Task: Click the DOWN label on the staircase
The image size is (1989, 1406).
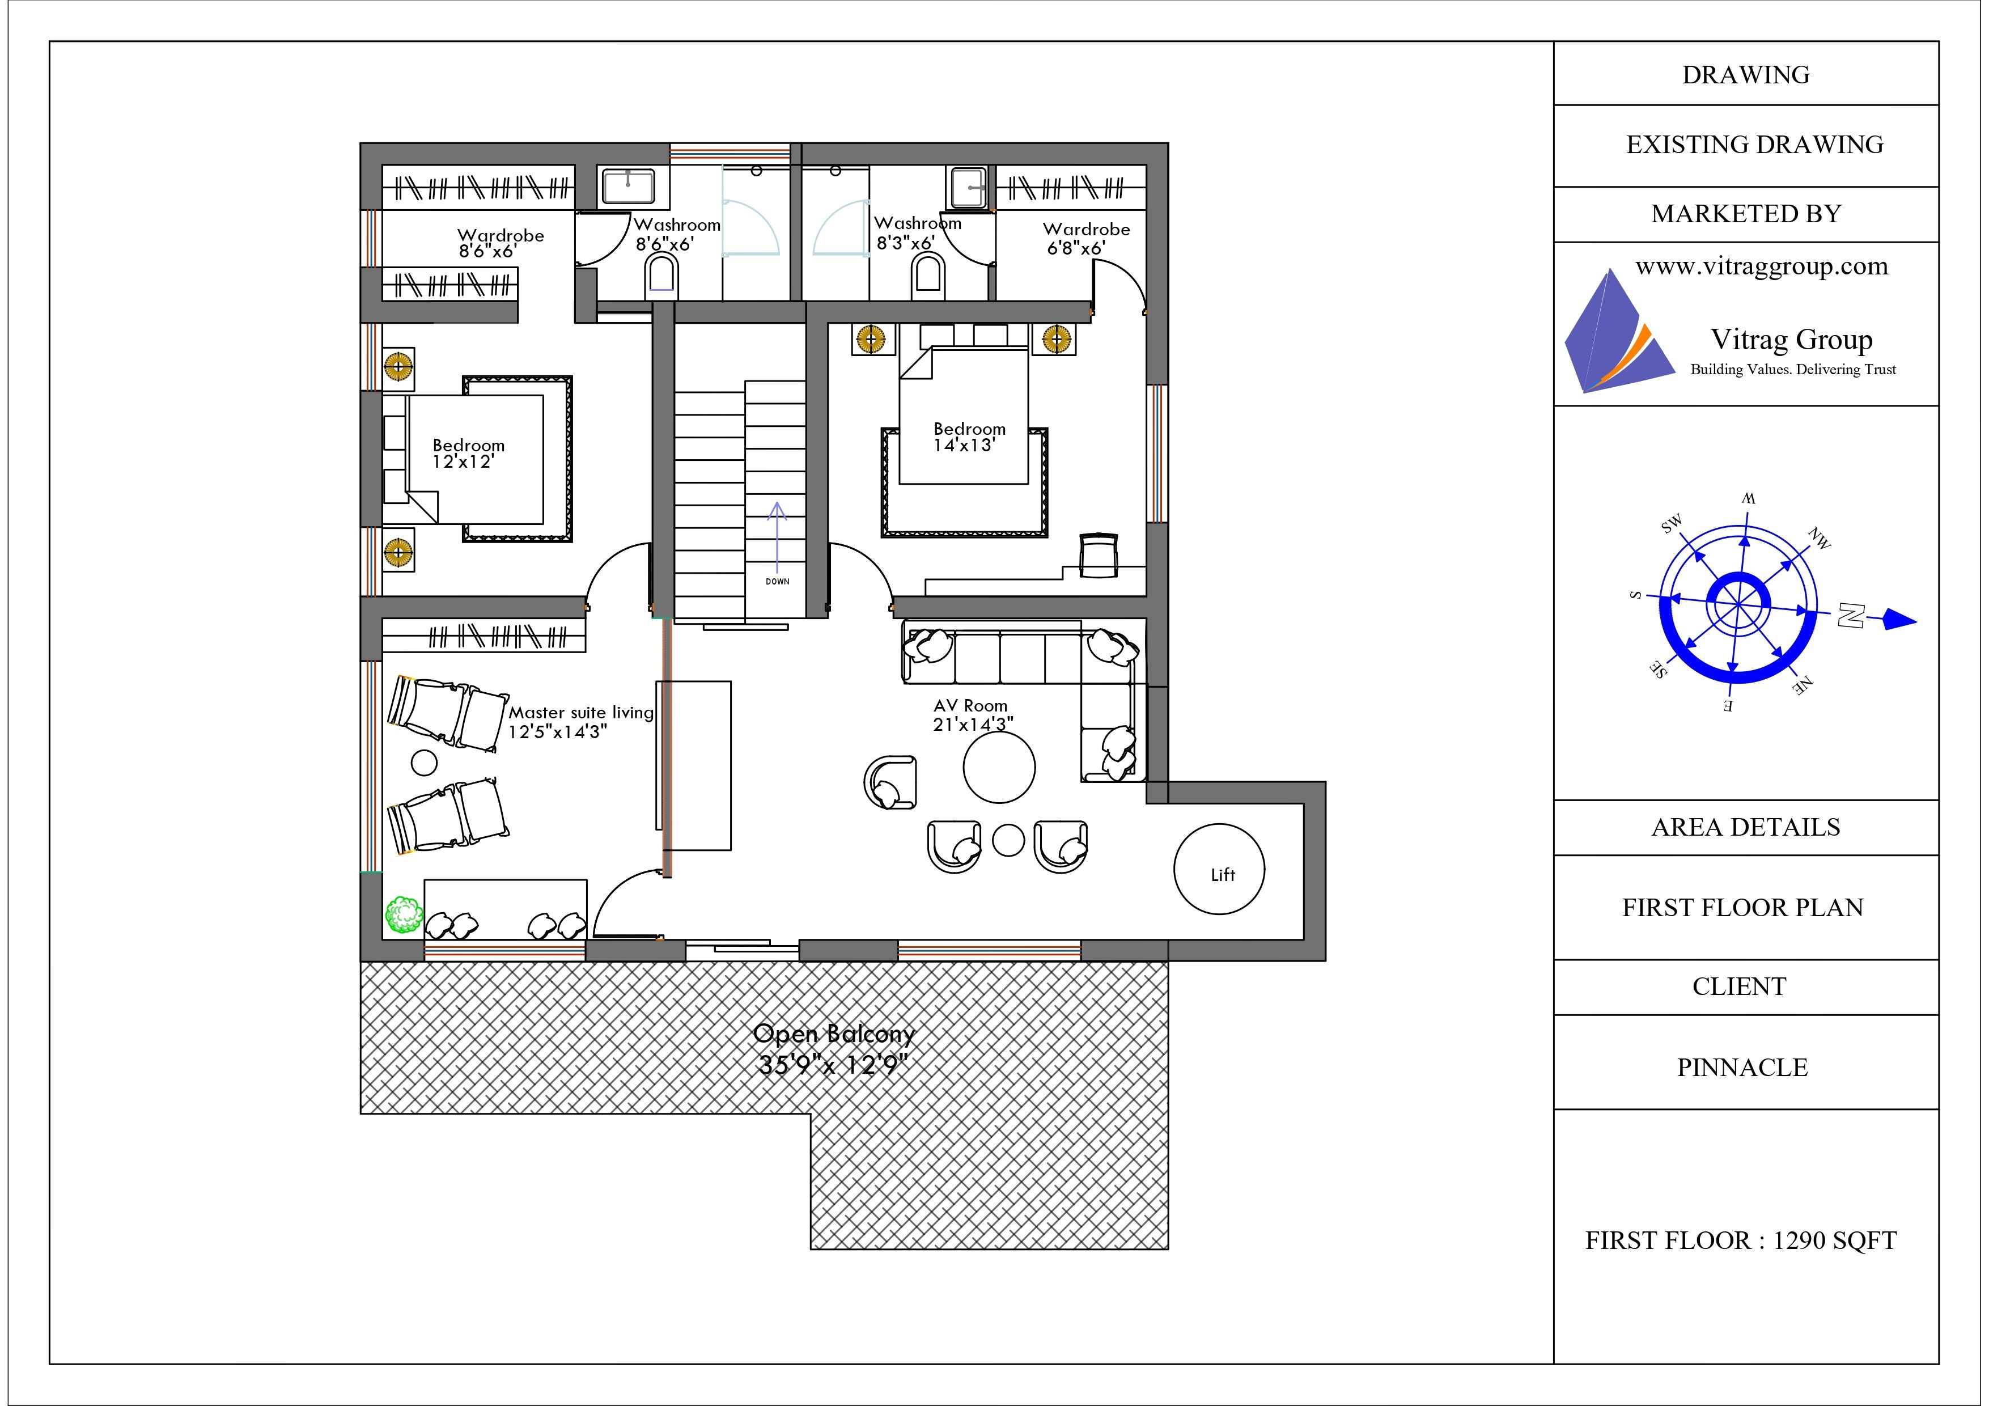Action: point(777,581)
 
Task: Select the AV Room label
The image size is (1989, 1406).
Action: point(970,706)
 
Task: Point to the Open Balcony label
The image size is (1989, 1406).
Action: point(834,1034)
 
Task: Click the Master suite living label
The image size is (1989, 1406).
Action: point(580,713)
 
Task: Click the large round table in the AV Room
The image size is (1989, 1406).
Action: point(999,768)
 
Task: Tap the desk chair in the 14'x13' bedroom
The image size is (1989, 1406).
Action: point(1099,554)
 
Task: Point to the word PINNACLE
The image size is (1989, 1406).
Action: point(1742,1068)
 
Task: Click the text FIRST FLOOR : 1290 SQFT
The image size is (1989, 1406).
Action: point(1741,1240)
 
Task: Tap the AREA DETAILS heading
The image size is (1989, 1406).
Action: point(1746,827)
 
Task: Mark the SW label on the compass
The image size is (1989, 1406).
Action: point(1672,523)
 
